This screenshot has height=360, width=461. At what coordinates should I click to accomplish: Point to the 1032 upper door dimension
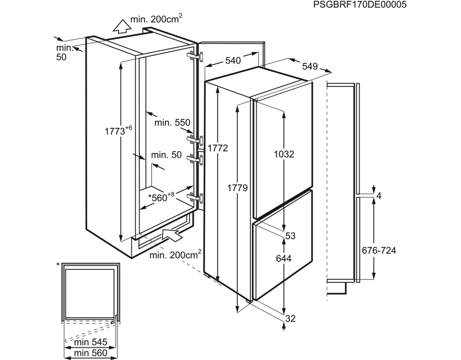coord(284,154)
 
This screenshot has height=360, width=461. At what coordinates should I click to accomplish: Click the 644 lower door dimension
coord(284,258)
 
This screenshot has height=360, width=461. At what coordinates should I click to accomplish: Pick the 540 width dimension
coord(233,60)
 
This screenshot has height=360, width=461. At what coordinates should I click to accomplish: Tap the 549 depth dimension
coord(310,67)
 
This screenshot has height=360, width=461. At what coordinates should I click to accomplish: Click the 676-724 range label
coord(379,251)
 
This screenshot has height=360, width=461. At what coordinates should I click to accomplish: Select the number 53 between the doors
coord(290,236)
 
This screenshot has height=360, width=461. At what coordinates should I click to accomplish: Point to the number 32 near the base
coord(290,319)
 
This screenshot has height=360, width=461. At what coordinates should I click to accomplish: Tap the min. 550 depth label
coord(172,122)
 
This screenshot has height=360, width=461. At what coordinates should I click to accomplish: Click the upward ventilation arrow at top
coord(120,27)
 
